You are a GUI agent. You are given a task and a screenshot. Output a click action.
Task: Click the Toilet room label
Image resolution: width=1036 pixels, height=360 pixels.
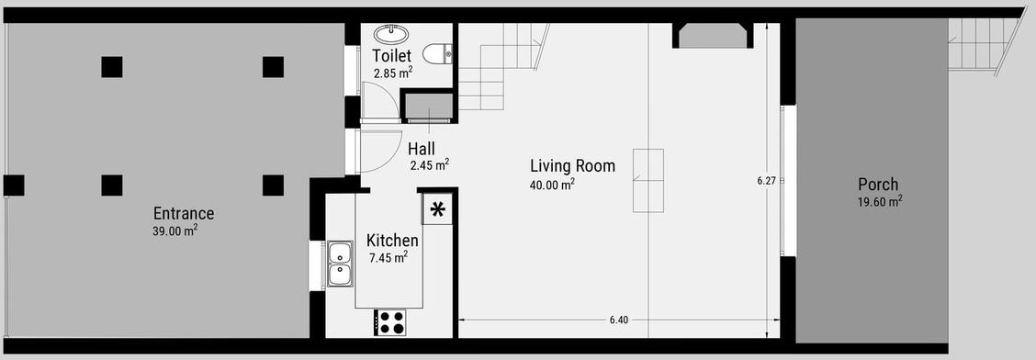(x=392, y=55)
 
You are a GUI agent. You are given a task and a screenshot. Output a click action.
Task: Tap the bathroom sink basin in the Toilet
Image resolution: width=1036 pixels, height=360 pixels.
(x=391, y=34)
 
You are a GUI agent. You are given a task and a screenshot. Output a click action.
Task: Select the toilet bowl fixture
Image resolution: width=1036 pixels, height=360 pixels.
(x=437, y=54)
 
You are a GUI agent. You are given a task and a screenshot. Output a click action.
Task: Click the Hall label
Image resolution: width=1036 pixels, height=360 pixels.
(x=421, y=149)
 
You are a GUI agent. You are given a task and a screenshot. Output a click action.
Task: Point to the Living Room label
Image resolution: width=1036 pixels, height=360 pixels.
(x=572, y=166)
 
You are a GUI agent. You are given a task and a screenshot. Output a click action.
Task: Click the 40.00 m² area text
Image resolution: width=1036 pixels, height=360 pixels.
(x=552, y=185)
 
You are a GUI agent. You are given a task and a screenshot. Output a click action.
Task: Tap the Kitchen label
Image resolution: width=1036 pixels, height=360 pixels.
(x=392, y=241)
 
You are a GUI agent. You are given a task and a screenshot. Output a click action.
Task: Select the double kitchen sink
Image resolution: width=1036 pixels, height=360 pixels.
(x=340, y=264)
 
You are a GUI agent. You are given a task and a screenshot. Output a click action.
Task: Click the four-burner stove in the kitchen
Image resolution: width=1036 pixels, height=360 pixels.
(x=389, y=322)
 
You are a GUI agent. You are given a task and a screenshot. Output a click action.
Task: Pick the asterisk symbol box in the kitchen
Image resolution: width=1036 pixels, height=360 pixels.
(x=437, y=209)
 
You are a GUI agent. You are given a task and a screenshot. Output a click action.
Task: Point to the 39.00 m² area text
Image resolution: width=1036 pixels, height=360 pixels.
(x=175, y=231)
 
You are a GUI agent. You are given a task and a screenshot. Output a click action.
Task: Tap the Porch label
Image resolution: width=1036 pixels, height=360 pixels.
(x=878, y=185)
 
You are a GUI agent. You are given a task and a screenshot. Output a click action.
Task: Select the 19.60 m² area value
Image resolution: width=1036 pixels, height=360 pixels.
(x=880, y=202)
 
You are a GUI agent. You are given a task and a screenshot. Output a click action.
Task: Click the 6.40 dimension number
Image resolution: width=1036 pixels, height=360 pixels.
(x=619, y=320)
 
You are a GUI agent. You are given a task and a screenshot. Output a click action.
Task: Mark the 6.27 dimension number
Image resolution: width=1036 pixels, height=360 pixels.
(x=766, y=180)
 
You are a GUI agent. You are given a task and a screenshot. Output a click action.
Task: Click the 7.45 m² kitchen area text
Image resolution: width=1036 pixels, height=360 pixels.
(x=388, y=258)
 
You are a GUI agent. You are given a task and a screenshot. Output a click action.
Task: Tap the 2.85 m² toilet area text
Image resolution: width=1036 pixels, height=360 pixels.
(x=393, y=73)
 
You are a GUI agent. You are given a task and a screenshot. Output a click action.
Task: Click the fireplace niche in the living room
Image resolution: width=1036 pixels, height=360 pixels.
(x=713, y=36)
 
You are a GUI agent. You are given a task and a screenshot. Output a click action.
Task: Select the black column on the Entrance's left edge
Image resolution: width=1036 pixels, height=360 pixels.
(x=14, y=185)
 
